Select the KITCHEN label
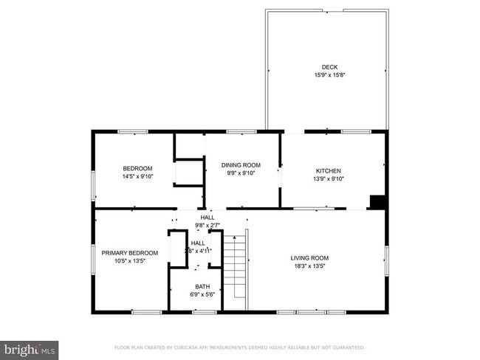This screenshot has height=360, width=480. (x=328, y=170)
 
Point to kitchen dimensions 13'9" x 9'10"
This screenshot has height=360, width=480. (x=328, y=179)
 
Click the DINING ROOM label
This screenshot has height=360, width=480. (x=241, y=165)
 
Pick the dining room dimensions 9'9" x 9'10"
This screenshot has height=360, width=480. (x=241, y=173)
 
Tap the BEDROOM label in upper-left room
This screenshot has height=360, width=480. (x=137, y=168)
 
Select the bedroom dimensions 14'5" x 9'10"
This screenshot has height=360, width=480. (x=137, y=176)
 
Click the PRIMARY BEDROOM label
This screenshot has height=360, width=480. (x=125, y=253)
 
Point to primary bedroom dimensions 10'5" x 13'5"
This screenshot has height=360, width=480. (x=125, y=261)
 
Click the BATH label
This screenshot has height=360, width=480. (x=202, y=286)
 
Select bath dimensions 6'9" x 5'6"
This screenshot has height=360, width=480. (x=202, y=294)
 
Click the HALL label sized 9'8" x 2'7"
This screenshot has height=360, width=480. (x=208, y=218)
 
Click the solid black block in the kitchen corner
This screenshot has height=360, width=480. (x=377, y=202)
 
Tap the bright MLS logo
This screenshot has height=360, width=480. (x=30, y=348)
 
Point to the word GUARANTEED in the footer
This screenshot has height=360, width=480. (x=346, y=347)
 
